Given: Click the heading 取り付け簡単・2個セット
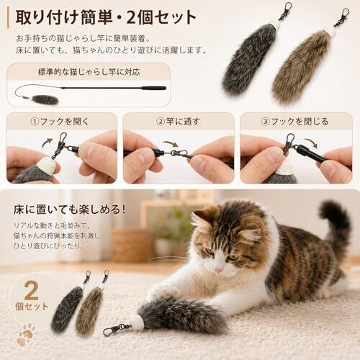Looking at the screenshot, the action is (x=106, y=17).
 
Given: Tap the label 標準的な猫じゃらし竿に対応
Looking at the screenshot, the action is (x=89, y=72).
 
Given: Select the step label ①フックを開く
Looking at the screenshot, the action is (x=60, y=122).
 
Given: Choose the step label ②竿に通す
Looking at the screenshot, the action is (x=178, y=122).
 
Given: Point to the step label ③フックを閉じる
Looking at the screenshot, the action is (x=294, y=122).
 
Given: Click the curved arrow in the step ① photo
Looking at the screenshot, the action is (x=47, y=143).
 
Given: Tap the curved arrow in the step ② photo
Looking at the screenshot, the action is (x=171, y=144).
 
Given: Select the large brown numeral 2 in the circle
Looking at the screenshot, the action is (x=31, y=290).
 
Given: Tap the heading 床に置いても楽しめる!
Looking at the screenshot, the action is (x=69, y=210).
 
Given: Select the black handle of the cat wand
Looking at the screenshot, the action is (x=153, y=88).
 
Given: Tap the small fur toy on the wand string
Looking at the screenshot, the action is (x=45, y=99).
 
